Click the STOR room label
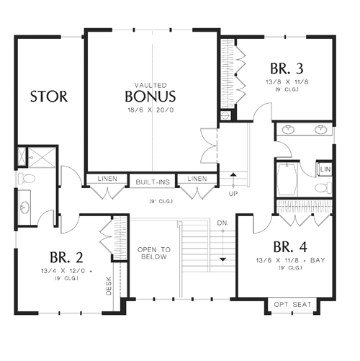tap(49, 97)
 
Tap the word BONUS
tap(150, 97)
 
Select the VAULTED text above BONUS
tap(150, 85)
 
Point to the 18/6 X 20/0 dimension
tap(150, 110)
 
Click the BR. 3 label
tap(287, 68)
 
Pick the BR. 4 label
tap(290, 246)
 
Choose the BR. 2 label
tap(66, 257)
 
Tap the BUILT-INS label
tap(153, 182)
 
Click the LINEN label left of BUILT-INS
tap(107, 179)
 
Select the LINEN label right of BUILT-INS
tap(197, 179)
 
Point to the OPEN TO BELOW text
tap(154, 253)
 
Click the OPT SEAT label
tap(292, 305)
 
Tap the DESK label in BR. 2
tap(109, 286)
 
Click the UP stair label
tap(233, 194)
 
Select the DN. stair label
tap(223, 223)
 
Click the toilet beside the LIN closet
tap(323, 187)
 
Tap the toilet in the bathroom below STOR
tap(27, 178)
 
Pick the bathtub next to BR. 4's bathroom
tap(287, 179)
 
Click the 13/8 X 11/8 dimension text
tap(287, 82)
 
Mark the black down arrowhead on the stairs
tap(223, 259)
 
